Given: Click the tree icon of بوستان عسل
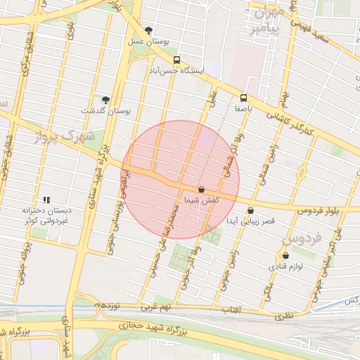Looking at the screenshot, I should click(x=148, y=30).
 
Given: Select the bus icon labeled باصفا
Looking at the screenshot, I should click(x=243, y=98).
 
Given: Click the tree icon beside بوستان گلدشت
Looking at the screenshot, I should click(x=105, y=100).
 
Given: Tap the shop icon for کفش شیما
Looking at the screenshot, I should click(x=202, y=189).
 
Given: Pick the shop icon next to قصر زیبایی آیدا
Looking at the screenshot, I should click(x=250, y=210).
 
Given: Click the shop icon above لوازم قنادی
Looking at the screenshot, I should click(x=285, y=255).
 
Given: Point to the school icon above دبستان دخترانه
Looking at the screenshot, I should click(x=46, y=200).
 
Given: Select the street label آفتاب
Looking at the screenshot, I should click(x=231, y=309).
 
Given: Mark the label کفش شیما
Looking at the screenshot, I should click(x=202, y=200).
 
